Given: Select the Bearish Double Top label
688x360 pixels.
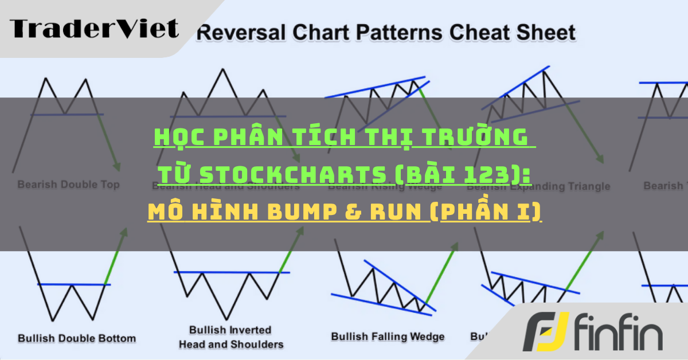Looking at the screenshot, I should pyautogui.click(x=68, y=185).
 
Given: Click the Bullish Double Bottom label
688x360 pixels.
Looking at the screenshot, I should pyautogui.click(x=77, y=338).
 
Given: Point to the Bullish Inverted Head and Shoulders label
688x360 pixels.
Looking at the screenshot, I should pyautogui.click(x=231, y=337).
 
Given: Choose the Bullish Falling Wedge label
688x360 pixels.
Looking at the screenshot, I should pyautogui.click(x=388, y=336).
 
